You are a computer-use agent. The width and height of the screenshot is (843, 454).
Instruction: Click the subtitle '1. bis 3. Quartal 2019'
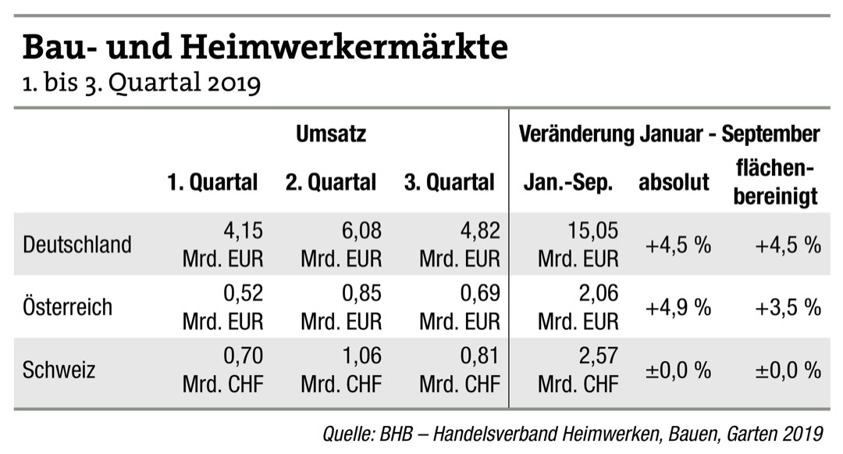coord(140,82)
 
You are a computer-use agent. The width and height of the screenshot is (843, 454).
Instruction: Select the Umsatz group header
coord(331,134)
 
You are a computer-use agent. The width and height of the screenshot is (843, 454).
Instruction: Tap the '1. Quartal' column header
coord(212,183)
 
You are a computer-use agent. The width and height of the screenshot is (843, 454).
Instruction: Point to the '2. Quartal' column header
coord(330,183)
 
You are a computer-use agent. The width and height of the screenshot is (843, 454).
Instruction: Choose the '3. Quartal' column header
coord(449,183)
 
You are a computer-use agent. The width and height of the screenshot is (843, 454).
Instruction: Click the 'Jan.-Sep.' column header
coord(568,183)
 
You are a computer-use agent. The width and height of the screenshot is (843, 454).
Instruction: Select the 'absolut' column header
coord(674,183)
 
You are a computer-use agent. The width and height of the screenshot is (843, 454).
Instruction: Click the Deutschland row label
coord(77,245)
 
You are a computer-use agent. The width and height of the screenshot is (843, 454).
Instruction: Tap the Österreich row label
coord(68,307)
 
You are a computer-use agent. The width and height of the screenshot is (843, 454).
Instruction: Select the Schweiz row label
coord(59,369)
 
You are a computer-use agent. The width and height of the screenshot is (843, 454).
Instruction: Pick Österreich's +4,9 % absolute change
coord(678,307)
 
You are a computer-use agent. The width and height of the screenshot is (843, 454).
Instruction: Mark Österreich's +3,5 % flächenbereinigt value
coord(788,307)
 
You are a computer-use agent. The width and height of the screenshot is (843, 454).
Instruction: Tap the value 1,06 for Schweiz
coord(361,356)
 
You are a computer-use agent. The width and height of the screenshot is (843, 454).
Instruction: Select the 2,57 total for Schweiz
coord(597,356)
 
